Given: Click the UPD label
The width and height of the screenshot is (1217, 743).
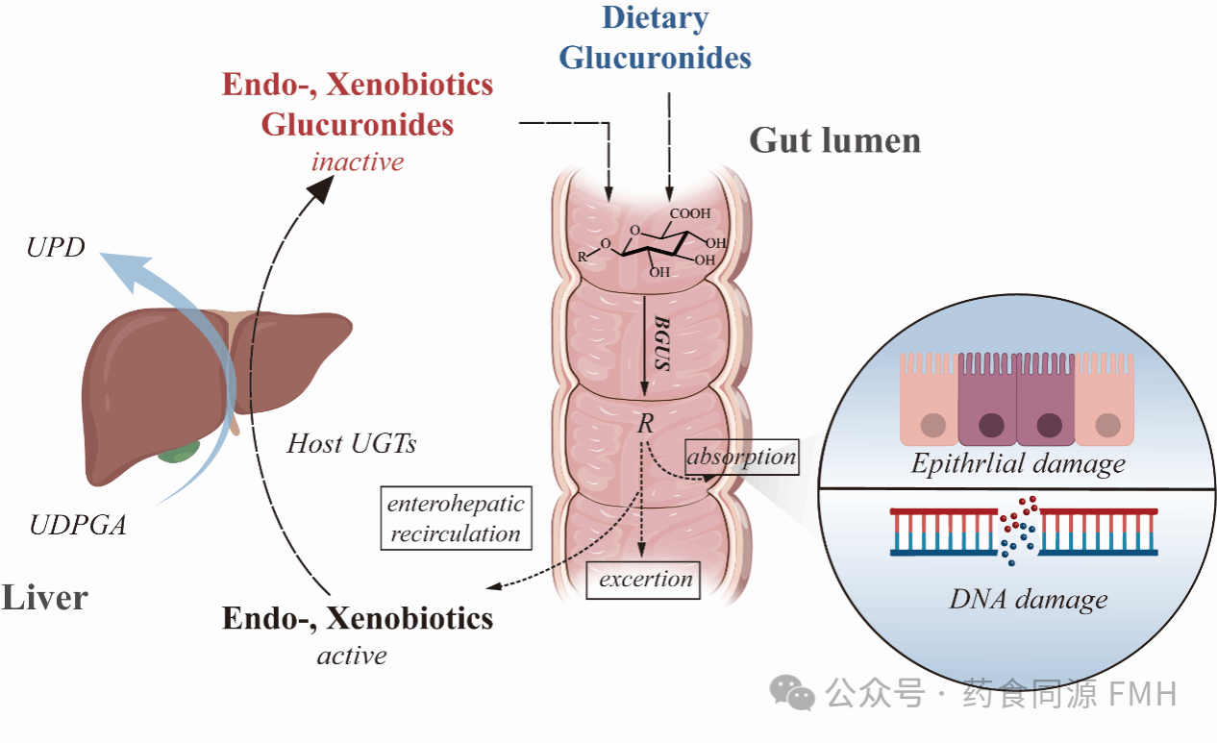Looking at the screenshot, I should [56, 248].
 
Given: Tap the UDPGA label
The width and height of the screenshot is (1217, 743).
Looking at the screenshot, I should [77, 525].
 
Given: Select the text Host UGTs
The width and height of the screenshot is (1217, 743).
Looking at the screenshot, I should [351, 444].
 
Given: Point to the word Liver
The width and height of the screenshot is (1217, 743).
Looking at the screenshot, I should [45, 597].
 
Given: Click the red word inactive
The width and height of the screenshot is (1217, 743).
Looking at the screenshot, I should [357, 161].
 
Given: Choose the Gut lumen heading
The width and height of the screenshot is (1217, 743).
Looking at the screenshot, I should [834, 140].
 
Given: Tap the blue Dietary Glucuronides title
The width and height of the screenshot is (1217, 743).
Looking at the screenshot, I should [656, 38].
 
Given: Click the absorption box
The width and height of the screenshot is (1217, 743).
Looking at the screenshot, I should [741, 457].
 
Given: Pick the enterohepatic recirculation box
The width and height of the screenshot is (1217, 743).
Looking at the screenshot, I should [456, 518].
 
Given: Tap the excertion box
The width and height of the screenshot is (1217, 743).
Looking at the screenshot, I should [645, 580].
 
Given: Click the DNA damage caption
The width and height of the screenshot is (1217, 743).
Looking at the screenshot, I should [1028, 600].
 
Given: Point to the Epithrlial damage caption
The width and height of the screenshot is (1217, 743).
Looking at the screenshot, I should [1018, 465].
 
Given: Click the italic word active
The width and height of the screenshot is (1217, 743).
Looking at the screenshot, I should [352, 656].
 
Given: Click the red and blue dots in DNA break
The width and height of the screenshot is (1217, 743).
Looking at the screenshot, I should [1017, 532].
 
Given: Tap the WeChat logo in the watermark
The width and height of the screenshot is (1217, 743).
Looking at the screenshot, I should [795, 692].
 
